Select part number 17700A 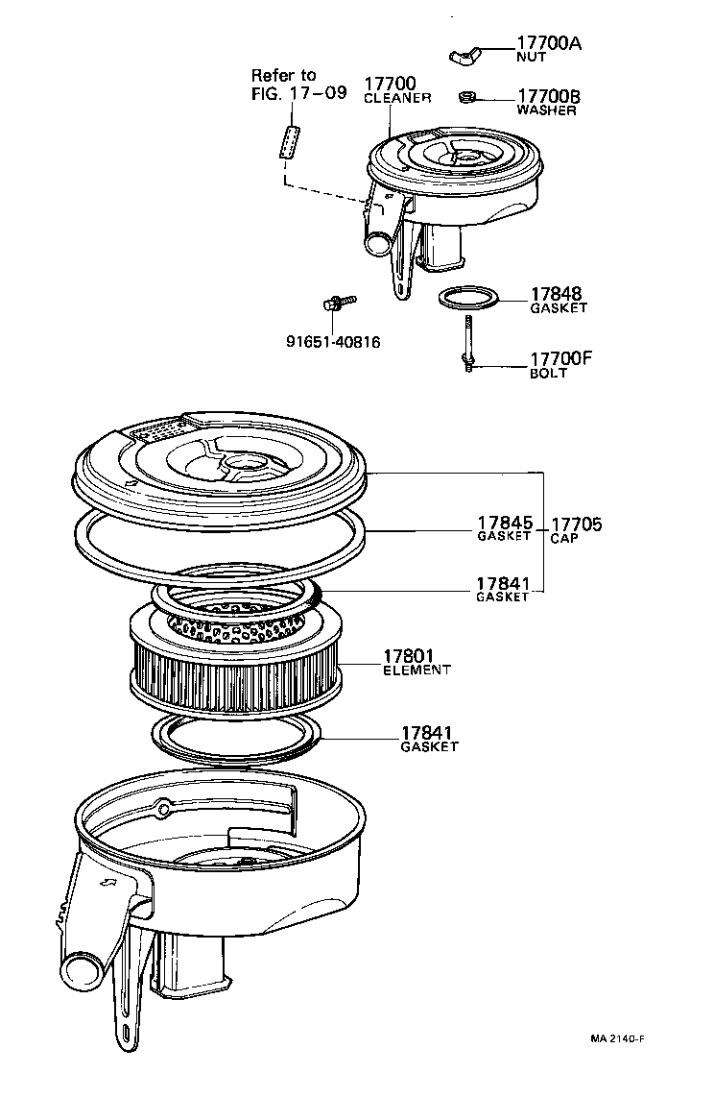click(549, 43)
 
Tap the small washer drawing click(467, 97)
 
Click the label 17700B click(549, 96)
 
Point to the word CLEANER click(397, 98)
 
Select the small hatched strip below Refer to click(290, 140)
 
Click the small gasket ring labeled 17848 click(469, 298)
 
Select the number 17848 click(556, 294)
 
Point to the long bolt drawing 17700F click(466, 341)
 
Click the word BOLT click(549, 374)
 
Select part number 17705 click(578, 524)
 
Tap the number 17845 click(504, 524)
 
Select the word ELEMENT click(416, 670)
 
